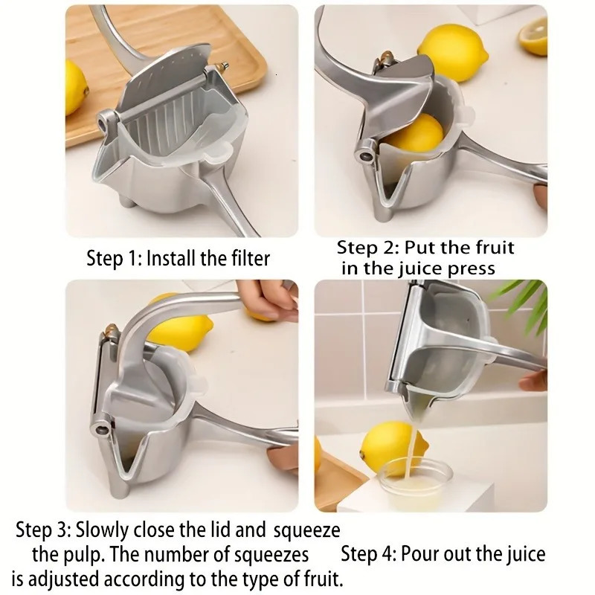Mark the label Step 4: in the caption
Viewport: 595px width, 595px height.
[365, 554]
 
